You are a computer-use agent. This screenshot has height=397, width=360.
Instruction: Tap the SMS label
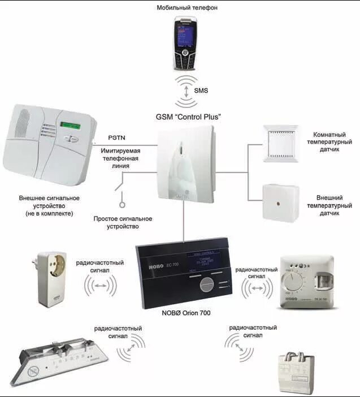[x=202, y=90]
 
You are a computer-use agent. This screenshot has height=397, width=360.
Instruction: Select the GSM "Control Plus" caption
[x=188, y=117]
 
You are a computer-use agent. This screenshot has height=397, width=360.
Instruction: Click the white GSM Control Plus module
[x=186, y=164]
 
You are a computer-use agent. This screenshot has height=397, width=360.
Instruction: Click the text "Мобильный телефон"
[x=188, y=7]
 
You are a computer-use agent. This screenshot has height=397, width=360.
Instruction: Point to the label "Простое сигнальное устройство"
[x=123, y=222]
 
